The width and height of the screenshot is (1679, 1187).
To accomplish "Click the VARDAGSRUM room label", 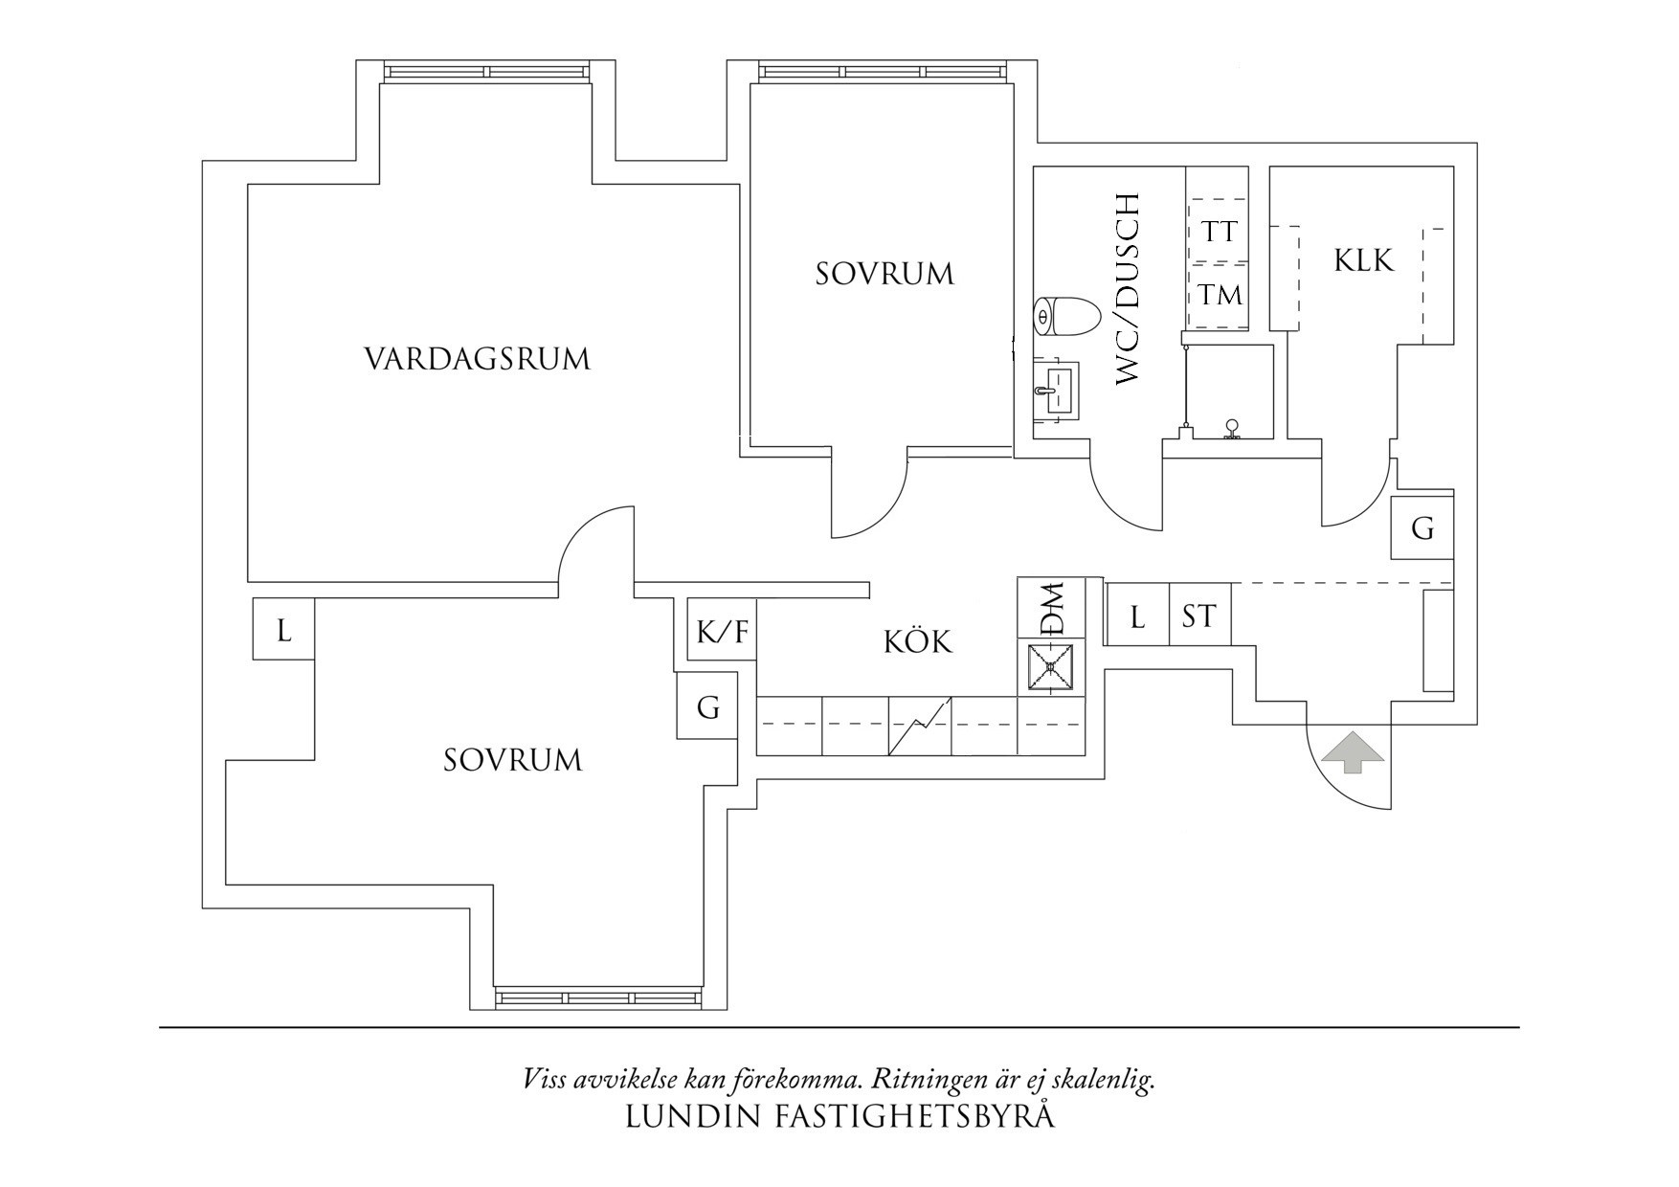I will [477, 360].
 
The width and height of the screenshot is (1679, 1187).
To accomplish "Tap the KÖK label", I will [917, 641].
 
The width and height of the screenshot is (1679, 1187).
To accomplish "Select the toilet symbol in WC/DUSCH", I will [1065, 317].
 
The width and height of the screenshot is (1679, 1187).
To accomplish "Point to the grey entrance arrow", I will [1353, 751].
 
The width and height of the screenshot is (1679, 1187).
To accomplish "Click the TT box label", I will [1219, 232].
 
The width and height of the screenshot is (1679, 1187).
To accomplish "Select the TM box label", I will [1220, 295].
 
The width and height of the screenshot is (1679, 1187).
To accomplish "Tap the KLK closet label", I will [1363, 260].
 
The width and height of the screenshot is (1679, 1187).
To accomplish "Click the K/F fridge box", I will [722, 631].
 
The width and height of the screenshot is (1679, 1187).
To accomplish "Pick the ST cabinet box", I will [1199, 616].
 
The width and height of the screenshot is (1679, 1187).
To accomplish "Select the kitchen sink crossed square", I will [1050, 669].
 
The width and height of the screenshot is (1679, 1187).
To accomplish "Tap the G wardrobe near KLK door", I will [1422, 527].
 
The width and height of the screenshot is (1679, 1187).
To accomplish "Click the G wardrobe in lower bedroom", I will [707, 706].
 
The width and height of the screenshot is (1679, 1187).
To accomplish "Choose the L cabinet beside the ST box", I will [1137, 616].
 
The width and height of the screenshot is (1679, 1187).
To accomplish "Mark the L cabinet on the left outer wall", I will [283, 630].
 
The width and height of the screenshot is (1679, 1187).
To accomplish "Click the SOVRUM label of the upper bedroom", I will [884, 275].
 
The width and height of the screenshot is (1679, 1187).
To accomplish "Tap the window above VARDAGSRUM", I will [486, 72].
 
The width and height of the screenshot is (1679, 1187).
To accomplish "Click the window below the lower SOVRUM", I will [600, 998].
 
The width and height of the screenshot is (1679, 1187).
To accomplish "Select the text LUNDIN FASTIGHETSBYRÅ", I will [839, 1117].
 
